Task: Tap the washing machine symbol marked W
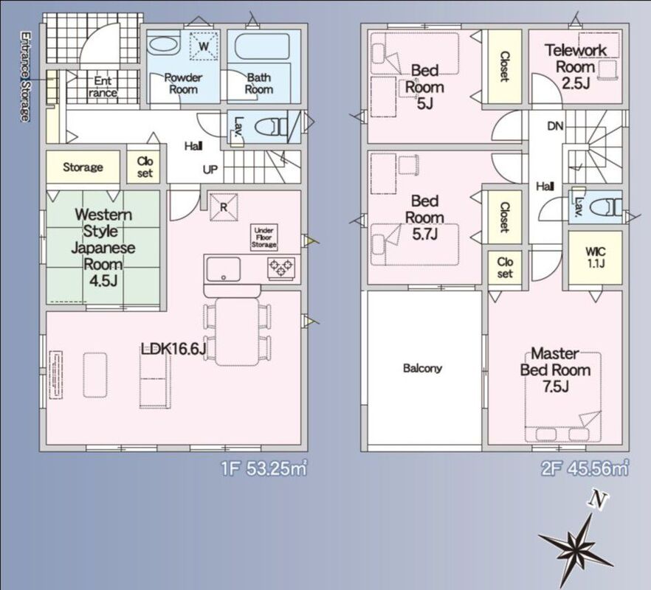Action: [x=204, y=45]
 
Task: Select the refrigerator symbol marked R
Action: [x=224, y=206]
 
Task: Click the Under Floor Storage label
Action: [x=263, y=237]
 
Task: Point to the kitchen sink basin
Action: [x=224, y=269]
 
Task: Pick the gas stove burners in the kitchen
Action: [x=281, y=267]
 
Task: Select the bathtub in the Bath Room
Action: [x=263, y=47]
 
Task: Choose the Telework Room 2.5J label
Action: [x=576, y=67]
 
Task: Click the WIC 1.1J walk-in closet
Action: [x=596, y=257]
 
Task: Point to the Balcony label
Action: [x=422, y=368]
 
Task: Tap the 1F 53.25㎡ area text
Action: [x=264, y=469]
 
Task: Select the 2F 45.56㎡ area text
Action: [x=585, y=468]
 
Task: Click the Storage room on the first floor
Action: [x=83, y=167]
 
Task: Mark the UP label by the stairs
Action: [x=210, y=170]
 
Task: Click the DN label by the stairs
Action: [x=555, y=125]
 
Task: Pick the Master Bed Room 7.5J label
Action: [x=555, y=370]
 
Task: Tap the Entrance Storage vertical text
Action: [x=25, y=77]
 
